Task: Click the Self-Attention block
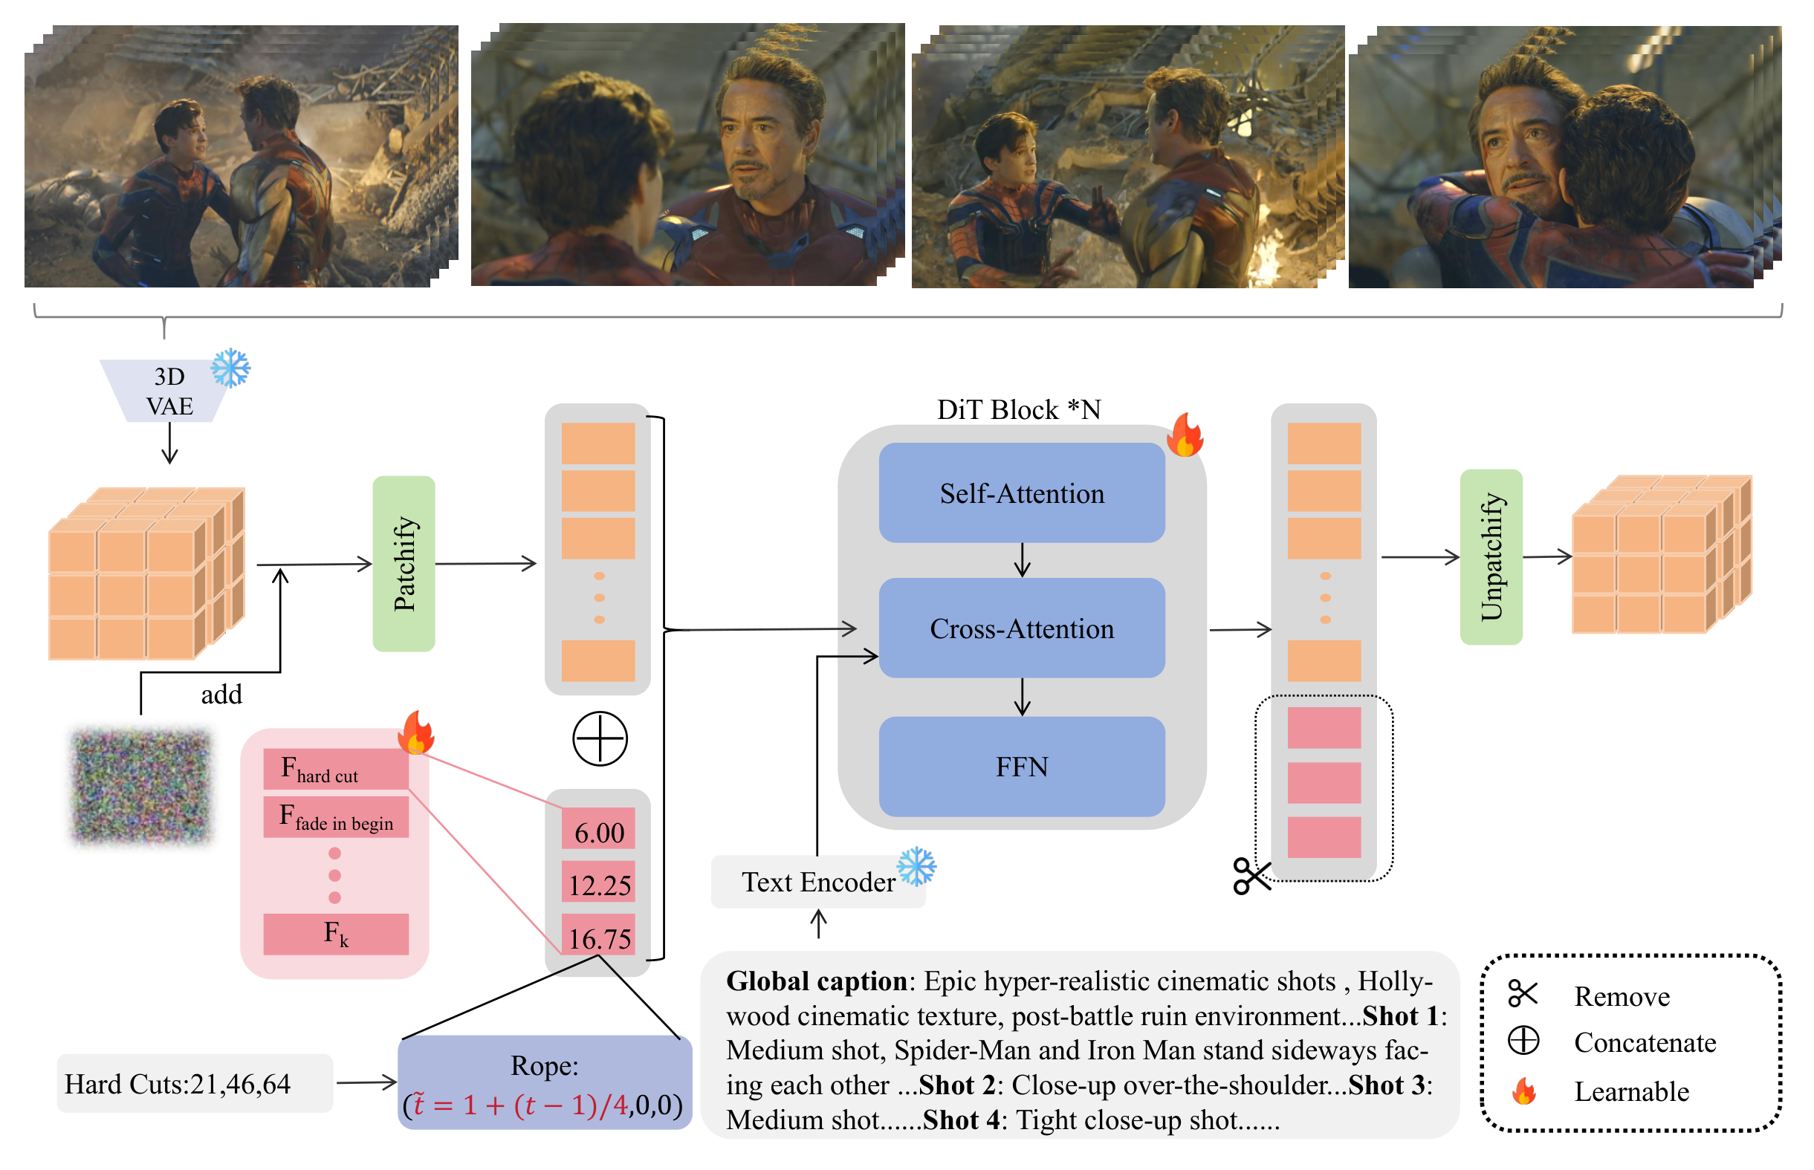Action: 1021,493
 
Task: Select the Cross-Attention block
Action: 1021,628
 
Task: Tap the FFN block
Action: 1021,766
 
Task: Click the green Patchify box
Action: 404,564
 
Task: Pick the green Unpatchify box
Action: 1491,557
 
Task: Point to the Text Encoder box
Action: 817,881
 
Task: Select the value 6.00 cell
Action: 599,831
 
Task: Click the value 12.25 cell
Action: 599,883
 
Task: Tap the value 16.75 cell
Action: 599,937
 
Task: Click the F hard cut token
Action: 336,769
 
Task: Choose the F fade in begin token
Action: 336,816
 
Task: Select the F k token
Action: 336,934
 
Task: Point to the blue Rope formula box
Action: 545,1082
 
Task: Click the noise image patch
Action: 141,786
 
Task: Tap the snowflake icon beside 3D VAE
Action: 230,368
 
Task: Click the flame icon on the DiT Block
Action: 1185,435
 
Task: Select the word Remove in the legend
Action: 1622,996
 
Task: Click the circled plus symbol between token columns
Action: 600,738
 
